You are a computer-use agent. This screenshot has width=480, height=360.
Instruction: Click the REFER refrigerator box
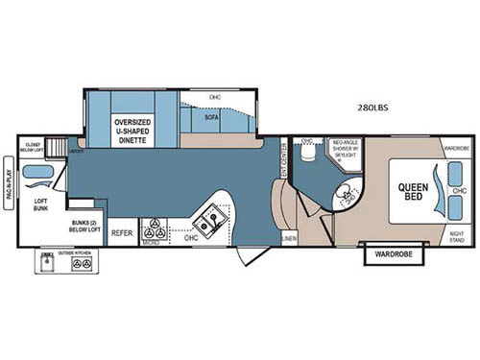click(x=122, y=232)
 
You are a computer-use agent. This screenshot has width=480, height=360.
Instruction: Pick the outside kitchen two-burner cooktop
click(x=81, y=264)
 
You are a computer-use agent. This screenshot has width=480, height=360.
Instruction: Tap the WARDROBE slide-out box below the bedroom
click(x=392, y=255)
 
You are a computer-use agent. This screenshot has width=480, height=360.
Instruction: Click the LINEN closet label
click(x=288, y=236)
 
